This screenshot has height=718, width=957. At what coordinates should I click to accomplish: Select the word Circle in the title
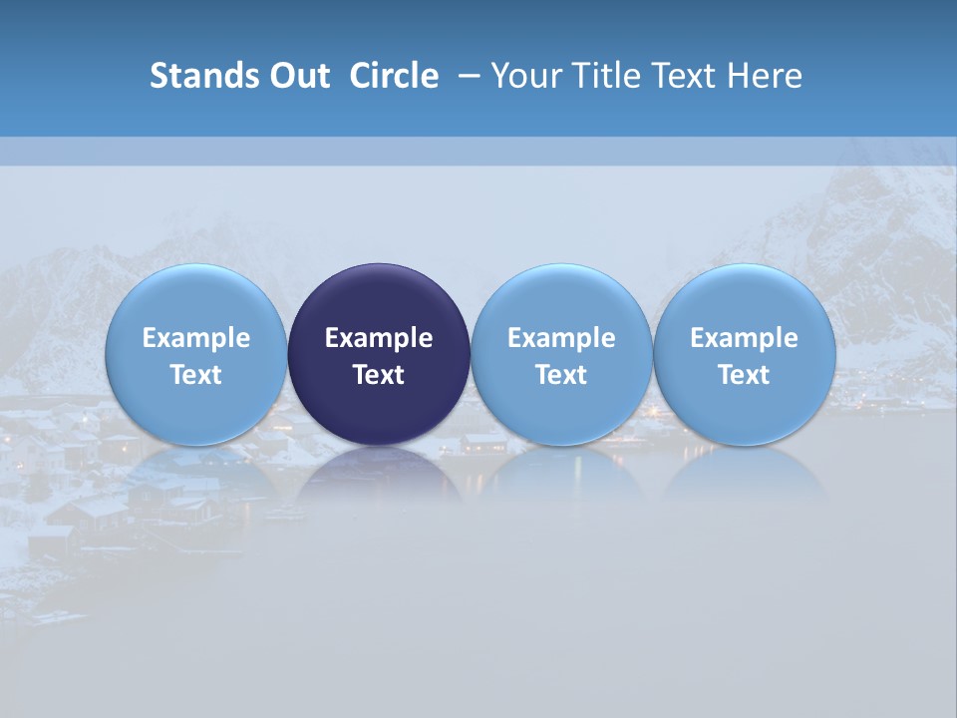[x=394, y=76]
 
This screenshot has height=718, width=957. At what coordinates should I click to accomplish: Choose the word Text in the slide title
[x=685, y=76]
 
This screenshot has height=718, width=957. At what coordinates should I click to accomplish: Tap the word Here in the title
[x=766, y=76]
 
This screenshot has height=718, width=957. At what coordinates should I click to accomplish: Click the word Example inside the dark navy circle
[x=379, y=338]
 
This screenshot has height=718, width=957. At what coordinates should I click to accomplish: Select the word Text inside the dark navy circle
[x=379, y=375]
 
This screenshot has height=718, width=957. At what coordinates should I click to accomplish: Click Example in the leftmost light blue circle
[x=196, y=338]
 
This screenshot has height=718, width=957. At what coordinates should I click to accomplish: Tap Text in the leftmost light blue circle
[x=196, y=375]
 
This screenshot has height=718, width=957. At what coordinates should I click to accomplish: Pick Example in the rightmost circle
[x=744, y=338]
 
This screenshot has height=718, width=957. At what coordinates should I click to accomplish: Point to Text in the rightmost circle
[x=744, y=375]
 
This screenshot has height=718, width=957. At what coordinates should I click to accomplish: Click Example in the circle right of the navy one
[x=561, y=338]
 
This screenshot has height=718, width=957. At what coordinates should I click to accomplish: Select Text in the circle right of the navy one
[x=561, y=375]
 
